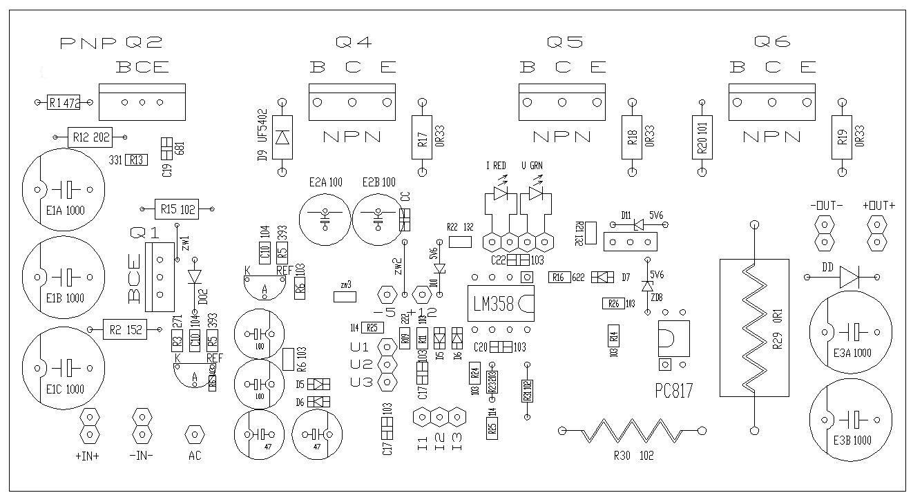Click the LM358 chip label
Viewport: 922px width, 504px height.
(x=494, y=304)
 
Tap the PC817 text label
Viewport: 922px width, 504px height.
(x=673, y=391)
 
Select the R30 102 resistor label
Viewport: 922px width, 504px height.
(x=633, y=456)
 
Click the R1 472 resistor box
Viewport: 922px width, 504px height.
(x=64, y=104)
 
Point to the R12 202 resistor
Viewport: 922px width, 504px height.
(x=90, y=137)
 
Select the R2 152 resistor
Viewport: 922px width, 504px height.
(x=125, y=330)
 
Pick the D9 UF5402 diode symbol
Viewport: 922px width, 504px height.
(x=282, y=137)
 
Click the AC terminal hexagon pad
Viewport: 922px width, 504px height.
(x=195, y=434)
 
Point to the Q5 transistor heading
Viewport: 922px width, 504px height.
(x=564, y=43)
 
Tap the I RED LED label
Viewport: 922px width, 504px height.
(x=496, y=166)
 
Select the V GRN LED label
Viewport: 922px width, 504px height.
(x=532, y=166)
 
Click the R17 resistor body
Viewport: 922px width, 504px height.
(x=422, y=136)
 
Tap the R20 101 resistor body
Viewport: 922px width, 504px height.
(x=702, y=136)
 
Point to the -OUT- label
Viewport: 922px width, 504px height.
(x=826, y=206)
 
